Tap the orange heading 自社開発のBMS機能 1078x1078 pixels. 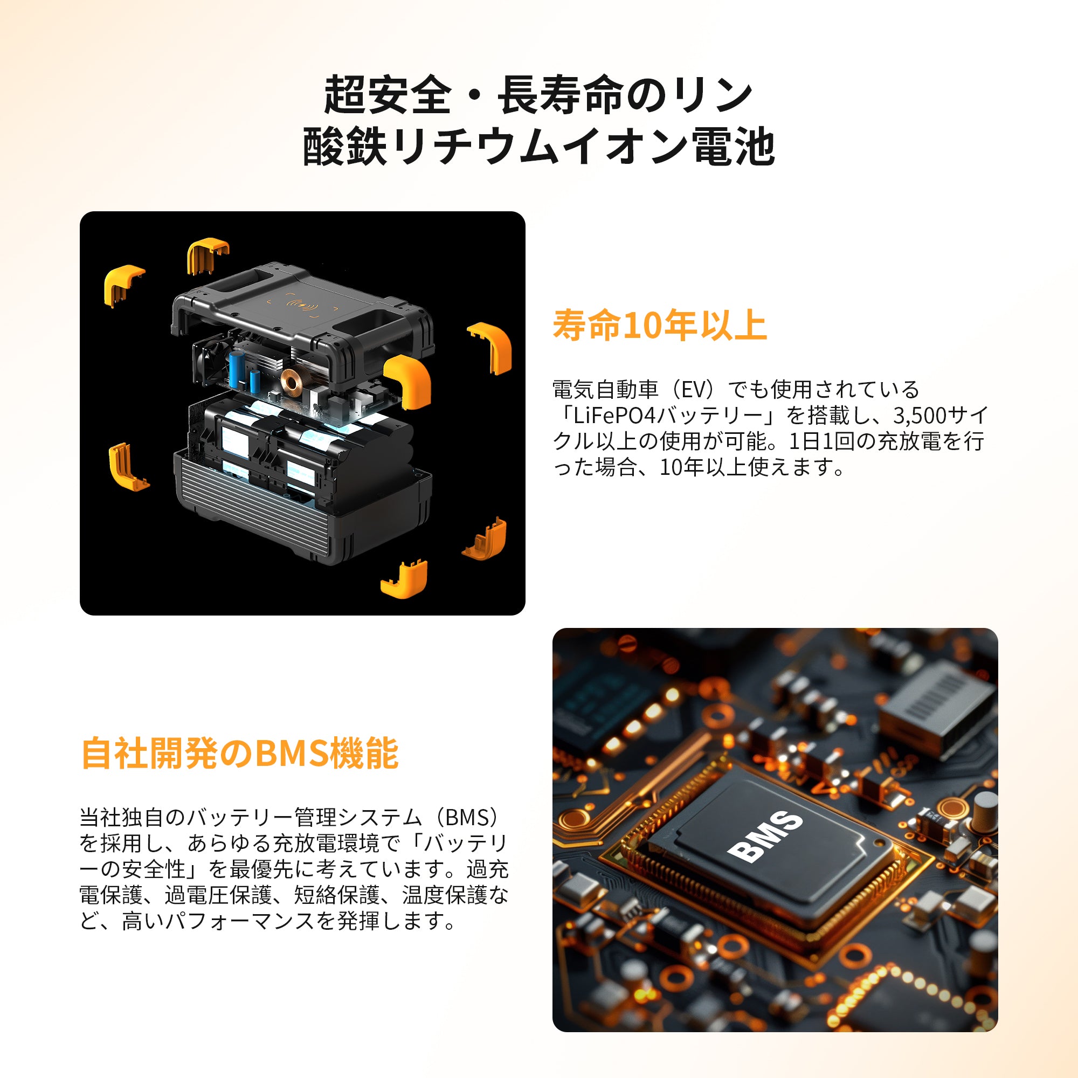coord(240,754)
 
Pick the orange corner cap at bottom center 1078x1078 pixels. coord(405,581)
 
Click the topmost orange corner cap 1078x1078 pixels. coord(208,255)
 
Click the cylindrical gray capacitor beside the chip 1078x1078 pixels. coord(984,811)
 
